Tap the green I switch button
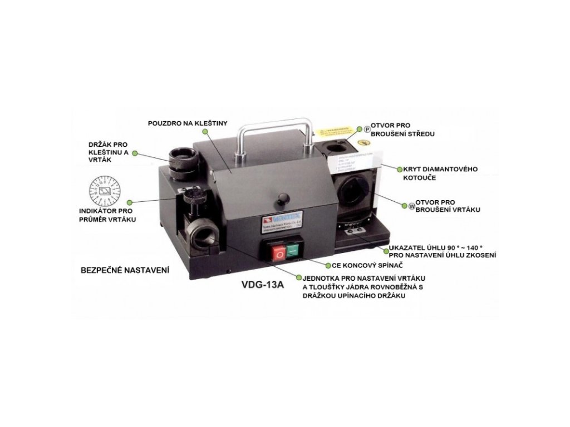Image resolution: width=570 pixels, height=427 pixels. [293, 252]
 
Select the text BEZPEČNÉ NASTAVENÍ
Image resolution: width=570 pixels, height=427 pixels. [125, 269]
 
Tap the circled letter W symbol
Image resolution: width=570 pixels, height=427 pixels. [412, 205]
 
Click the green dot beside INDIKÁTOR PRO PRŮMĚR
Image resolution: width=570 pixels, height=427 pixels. [129, 203]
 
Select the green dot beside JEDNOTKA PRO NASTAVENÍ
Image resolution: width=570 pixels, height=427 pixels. [300, 276]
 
